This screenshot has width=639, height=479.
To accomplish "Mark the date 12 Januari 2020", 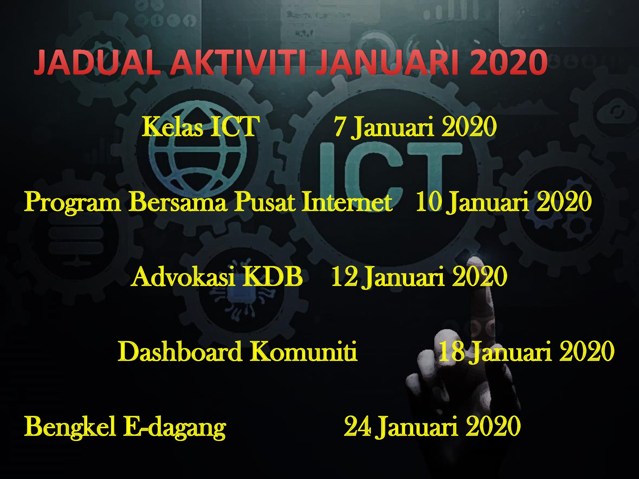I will tap(419, 276).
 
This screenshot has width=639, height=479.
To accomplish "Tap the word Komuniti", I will tap(304, 351).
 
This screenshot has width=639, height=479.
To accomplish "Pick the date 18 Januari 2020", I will tap(526, 351).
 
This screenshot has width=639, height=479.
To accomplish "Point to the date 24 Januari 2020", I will tap(432, 426).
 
